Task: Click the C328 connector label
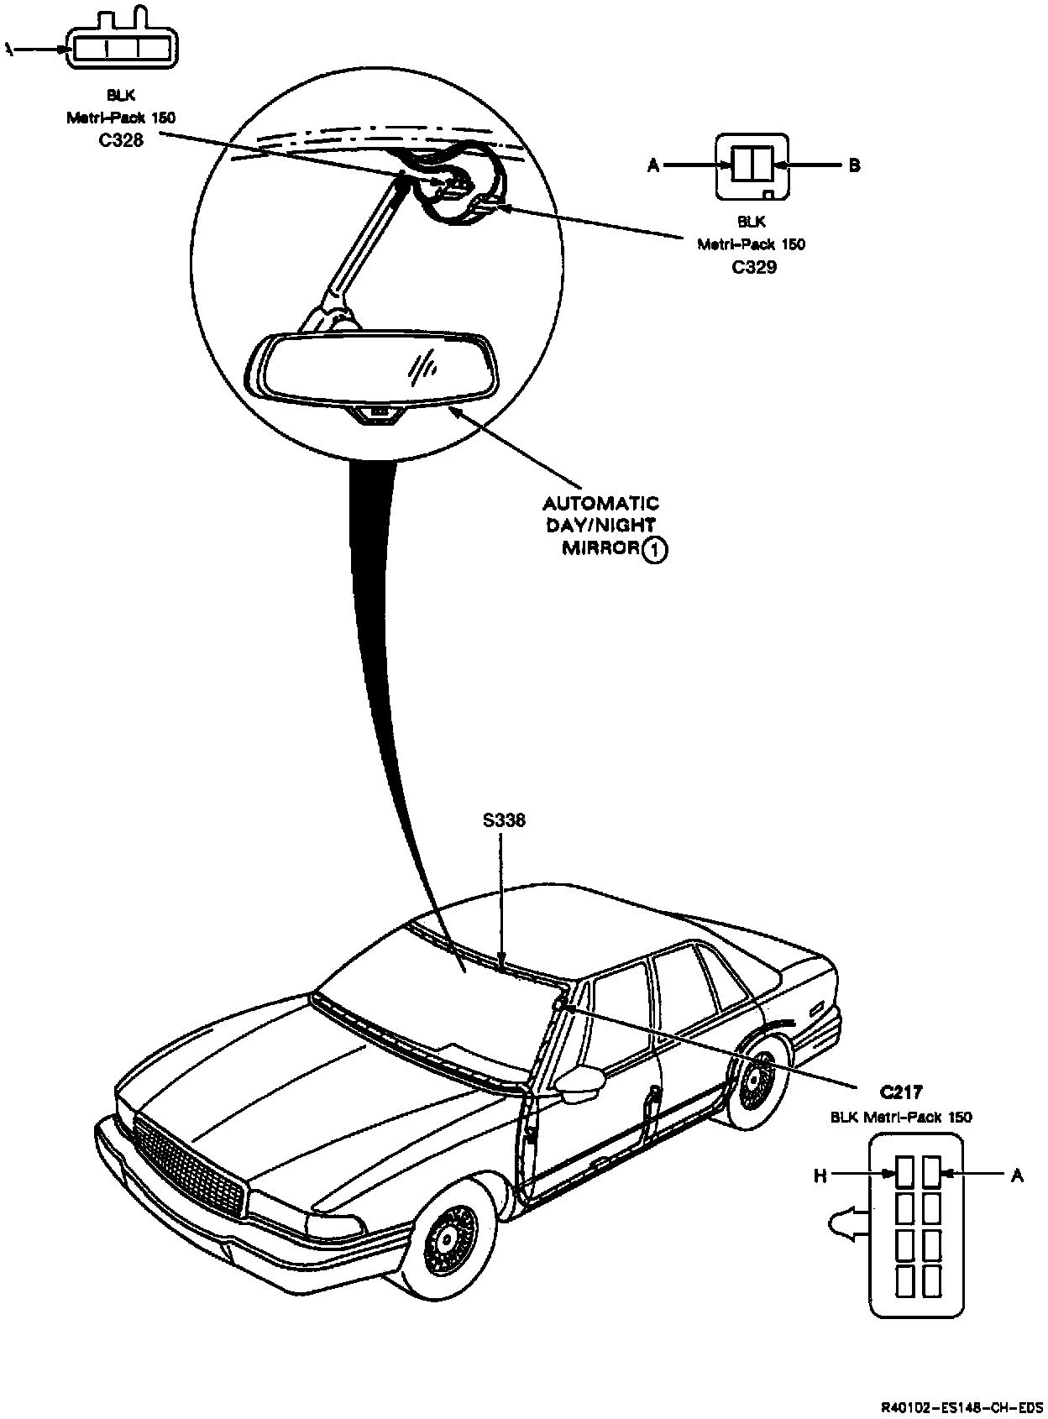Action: tap(121, 140)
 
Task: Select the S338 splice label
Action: tap(504, 820)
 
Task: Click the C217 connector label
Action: tap(901, 1092)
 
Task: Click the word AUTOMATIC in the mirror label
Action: tap(600, 504)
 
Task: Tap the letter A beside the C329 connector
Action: tap(653, 165)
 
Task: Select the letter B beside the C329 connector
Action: tap(854, 165)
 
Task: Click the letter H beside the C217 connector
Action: tap(820, 1176)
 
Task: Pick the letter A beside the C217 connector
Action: tap(1017, 1176)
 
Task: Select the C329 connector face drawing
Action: tap(752, 166)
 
